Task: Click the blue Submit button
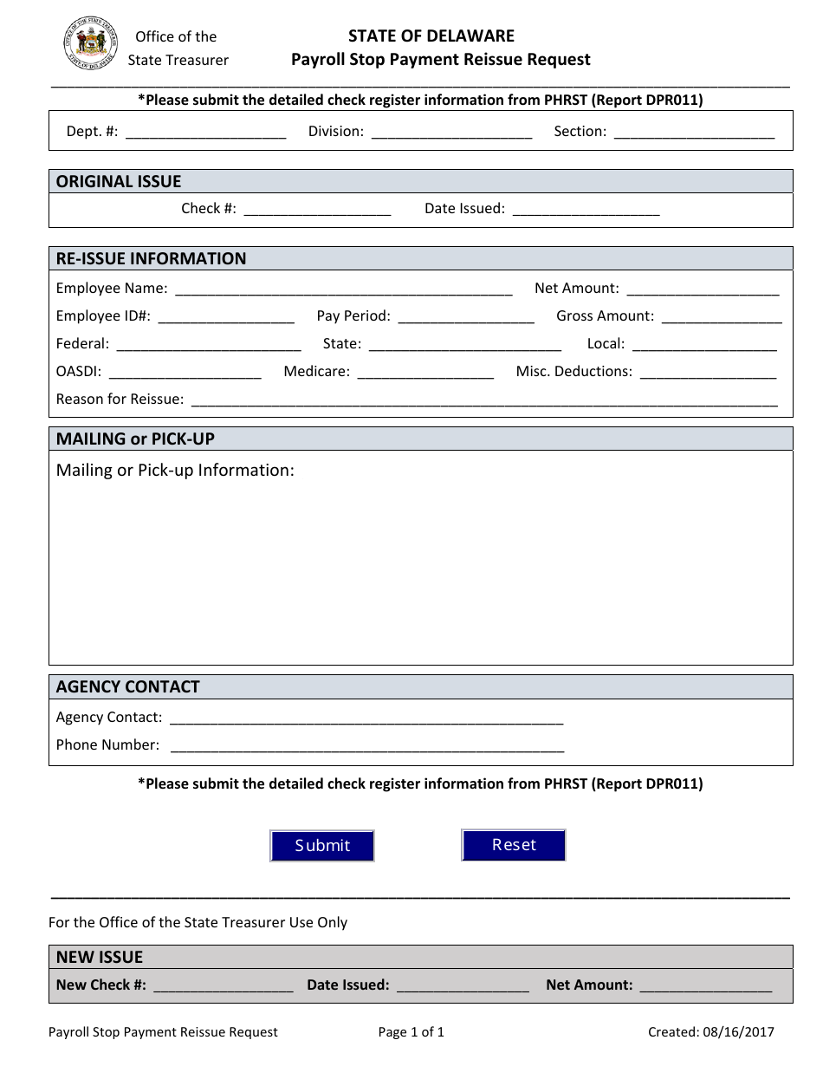click(322, 846)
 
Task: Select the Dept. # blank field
click(205, 133)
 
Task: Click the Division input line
click(451, 133)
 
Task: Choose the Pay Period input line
click(466, 317)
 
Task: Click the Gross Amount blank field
click(722, 317)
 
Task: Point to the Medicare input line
click(425, 373)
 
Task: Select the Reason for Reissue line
click(483, 400)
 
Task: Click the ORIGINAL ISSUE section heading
click(119, 181)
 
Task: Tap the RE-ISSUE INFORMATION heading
click(151, 258)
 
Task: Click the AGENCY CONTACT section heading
click(127, 686)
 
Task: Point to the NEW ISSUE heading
click(99, 957)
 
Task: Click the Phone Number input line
click(367, 746)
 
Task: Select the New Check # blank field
click(223, 986)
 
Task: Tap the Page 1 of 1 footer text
click(411, 1031)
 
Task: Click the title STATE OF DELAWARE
click(431, 36)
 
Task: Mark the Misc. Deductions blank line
click(708, 373)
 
